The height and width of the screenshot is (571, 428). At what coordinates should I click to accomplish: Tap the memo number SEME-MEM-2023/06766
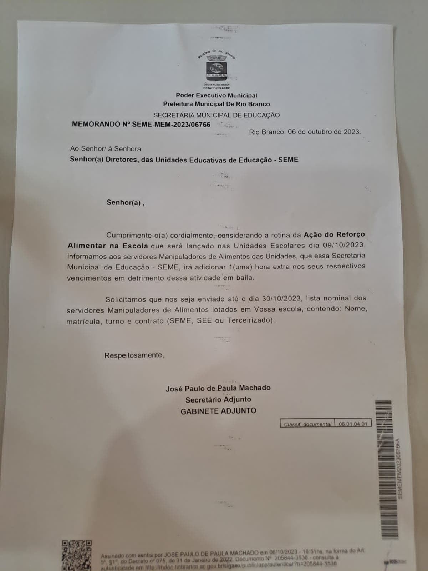(x=171, y=125)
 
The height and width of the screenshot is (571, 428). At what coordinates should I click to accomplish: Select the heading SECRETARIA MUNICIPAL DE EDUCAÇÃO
(x=216, y=115)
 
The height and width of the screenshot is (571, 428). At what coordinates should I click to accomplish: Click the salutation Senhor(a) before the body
(x=125, y=203)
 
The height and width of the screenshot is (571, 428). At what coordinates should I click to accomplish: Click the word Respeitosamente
(x=134, y=355)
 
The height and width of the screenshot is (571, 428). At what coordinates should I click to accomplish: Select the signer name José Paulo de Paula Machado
(x=218, y=388)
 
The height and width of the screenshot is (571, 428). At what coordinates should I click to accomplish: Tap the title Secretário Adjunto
(x=218, y=400)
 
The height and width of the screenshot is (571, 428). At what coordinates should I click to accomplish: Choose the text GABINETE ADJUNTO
(x=218, y=411)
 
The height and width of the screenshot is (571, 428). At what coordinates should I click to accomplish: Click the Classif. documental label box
(x=307, y=424)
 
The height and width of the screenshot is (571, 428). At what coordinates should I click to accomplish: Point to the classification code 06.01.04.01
(x=353, y=424)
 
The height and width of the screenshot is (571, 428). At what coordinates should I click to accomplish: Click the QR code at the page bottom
(x=76, y=555)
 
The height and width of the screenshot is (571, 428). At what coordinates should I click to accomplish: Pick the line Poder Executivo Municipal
(x=216, y=96)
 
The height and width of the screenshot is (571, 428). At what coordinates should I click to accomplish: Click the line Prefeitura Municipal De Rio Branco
(x=216, y=104)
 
